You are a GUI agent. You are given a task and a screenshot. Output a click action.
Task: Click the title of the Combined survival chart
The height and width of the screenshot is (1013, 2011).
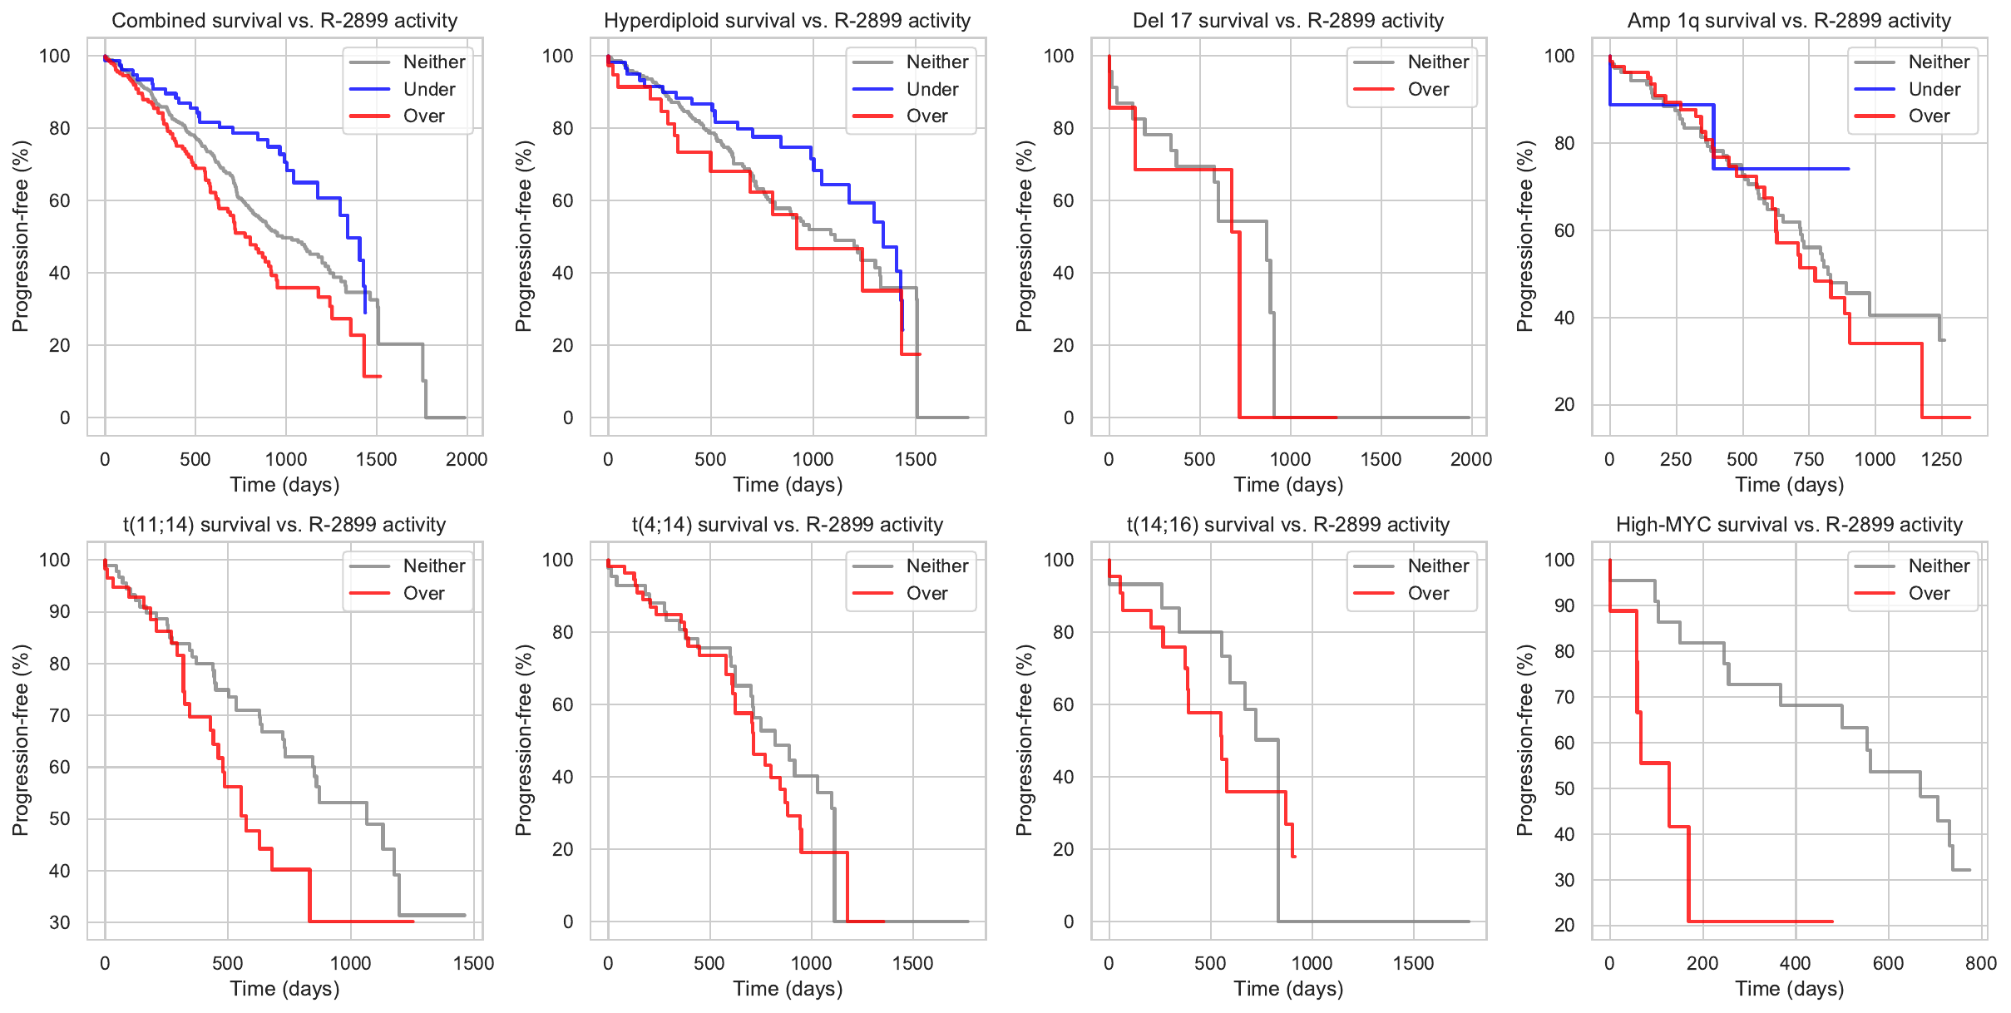click(x=284, y=21)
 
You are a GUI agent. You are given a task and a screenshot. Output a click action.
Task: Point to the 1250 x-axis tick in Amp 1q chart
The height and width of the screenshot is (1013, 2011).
click(x=1941, y=459)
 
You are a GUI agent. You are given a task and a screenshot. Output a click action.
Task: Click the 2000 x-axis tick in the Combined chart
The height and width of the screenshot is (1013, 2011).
click(x=466, y=459)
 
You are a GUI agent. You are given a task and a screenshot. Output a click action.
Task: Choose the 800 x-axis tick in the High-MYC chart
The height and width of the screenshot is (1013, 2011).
click(x=1981, y=963)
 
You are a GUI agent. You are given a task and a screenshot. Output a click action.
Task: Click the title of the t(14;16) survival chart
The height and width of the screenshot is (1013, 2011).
click(x=1287, y=525)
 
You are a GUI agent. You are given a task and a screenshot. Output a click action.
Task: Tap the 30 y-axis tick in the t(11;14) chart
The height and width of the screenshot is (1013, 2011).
click(x=60, y=922)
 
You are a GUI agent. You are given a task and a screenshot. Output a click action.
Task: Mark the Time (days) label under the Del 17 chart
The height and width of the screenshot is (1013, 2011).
click(x=1287, y=485)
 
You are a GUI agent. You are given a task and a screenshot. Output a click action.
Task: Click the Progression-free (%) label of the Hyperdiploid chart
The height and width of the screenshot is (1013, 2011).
click(x=523, y=236)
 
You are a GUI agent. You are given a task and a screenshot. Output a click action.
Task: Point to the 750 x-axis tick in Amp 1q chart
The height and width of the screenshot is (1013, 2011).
click(x=1808, y=459)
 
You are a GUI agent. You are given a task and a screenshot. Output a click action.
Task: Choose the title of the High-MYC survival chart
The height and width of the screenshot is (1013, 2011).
click(x=1789, y=525)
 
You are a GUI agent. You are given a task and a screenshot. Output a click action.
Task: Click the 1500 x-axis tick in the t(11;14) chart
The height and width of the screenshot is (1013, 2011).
click(x=473, y=963)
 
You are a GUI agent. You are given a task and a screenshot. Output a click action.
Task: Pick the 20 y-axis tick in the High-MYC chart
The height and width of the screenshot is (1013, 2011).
click(x=1564, y=925)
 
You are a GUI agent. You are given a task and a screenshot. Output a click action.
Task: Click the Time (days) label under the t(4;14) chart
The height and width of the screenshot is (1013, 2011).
click(x=788, y=989)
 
